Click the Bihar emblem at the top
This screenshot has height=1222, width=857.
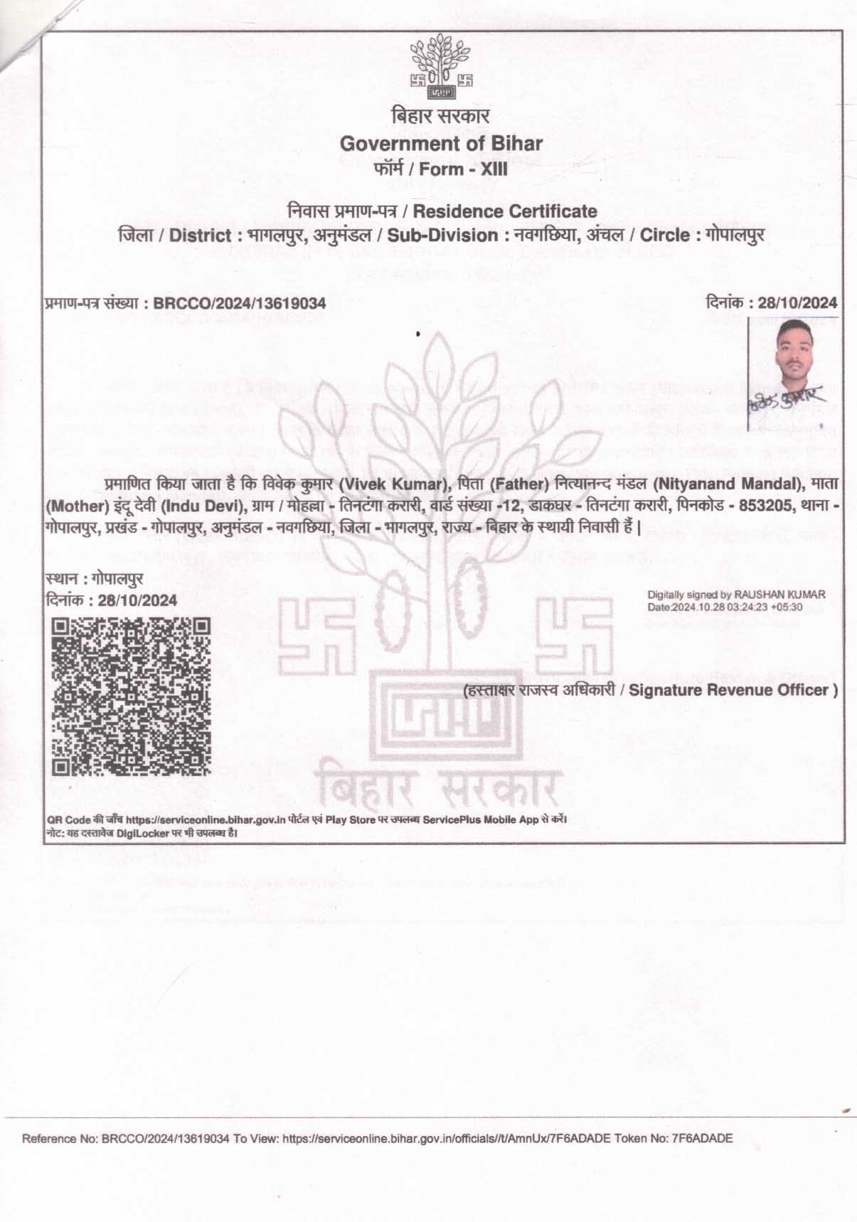click(x=441, y=69)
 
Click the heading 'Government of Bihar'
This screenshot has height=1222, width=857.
click(x=441, y=143)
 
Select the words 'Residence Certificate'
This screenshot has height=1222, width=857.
click(x=505, y=211)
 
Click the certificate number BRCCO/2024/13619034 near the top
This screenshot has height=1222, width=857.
click(x=240, y=304)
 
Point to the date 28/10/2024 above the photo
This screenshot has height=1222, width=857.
click(x=797, y=303)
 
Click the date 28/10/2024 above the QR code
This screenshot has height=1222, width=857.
click(x=138, y=600)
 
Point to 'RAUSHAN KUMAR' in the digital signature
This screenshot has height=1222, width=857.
click(x=779, y=594)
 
